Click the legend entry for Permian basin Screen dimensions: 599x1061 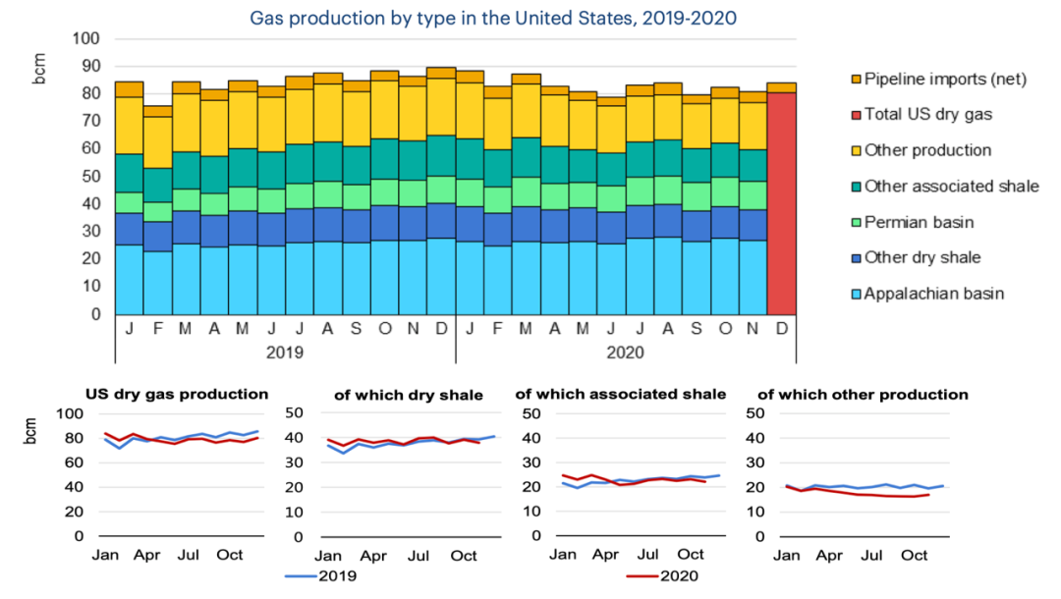(x=919, y=222)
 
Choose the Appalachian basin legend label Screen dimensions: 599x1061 (x=933, y=294)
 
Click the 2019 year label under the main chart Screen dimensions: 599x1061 (x=285, y=352)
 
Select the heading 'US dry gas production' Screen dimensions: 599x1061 (x=177, y=394)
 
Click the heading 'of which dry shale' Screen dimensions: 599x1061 (x=409, y=395)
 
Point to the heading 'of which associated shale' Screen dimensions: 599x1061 (x=621, y=394)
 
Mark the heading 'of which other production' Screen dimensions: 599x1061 (x=863, y=395)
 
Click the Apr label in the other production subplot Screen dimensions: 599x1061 (x=829, y=556)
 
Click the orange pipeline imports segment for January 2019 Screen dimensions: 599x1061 (x=129, y=89)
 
